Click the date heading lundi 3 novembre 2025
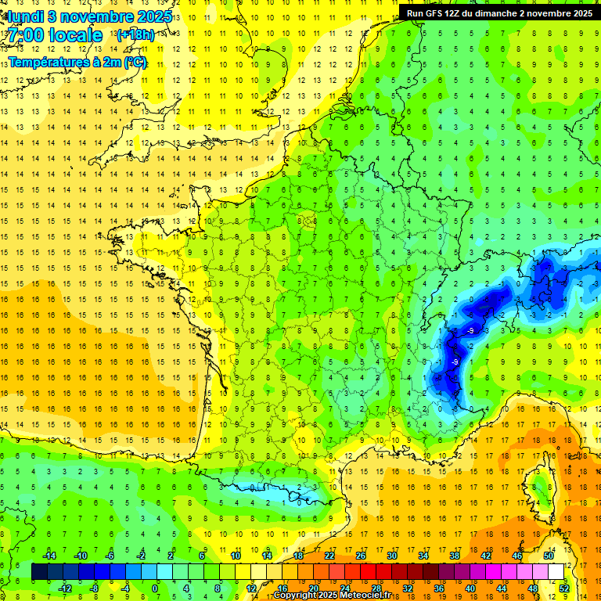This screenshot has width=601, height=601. tap(87, 16)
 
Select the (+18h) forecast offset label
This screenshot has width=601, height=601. tap(135, 35)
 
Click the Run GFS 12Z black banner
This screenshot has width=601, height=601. tap(499, 13)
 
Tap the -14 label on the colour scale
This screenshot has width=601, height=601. tap(49, 556)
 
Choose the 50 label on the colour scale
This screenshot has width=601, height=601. tap(549, 556)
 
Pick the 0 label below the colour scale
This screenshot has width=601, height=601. tap(156, 588)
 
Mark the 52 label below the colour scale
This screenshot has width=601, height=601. tap(564, 588)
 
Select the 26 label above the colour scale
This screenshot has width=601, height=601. tap(361, 556)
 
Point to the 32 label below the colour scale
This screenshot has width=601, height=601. tap(408, 588)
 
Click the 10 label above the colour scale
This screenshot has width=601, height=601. tap(236, 556)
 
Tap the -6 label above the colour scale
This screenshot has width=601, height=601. tap(110, 556)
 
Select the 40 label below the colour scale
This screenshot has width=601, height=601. tap(470, 588)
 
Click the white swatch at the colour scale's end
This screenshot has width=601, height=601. tap(556, 572)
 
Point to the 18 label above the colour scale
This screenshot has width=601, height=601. tap(298, 556)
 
